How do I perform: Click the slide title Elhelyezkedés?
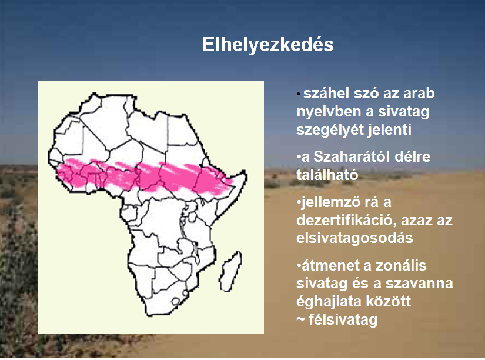(268, 45)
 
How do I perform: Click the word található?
(327, 175)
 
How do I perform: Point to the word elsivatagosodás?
(354, 238)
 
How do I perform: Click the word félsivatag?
(343, 320)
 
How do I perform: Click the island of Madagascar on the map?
(230, 271)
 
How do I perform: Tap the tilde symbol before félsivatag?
(300, 321)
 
